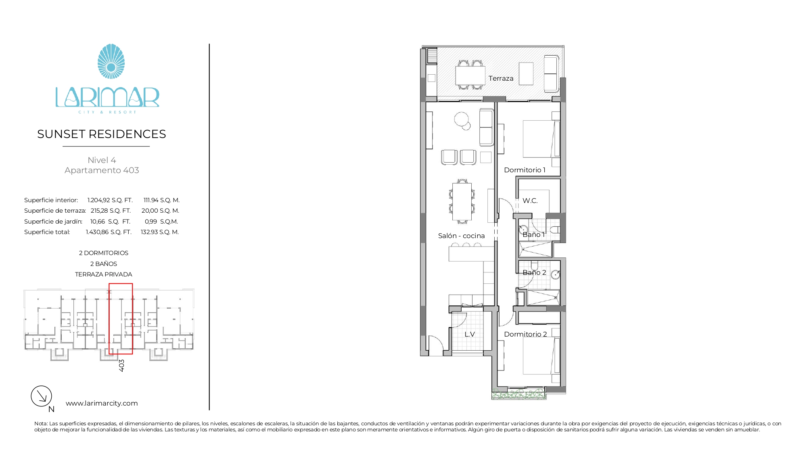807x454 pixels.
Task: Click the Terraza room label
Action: (x=501, y=78)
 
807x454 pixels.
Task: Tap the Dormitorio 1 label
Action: (x=525, y=170)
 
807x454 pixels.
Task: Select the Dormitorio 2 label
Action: (x=525, y=334)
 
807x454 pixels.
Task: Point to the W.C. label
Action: (x=530, y=201)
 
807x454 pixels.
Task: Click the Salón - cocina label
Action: (x=461, y=236)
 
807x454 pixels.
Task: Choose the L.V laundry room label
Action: (x=470, y=334)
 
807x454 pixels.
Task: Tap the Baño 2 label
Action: (x=534, y=272)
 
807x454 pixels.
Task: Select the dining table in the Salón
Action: (x=462, y=201)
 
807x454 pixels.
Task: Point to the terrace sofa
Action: (x=551, y=74)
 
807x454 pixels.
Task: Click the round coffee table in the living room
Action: (x=461, y=119)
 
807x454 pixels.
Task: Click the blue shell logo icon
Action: (x=111, y=61)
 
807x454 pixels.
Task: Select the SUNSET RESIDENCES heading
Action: (x=102, y=134)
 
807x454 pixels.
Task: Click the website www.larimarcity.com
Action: (x=102, y=403)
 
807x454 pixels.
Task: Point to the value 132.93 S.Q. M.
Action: (x=160, y=232)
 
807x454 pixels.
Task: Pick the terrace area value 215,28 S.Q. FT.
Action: (x=111, y=211)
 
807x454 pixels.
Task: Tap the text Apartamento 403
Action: (x=102, y=170)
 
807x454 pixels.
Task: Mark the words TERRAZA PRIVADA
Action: (x=104, y=274)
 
